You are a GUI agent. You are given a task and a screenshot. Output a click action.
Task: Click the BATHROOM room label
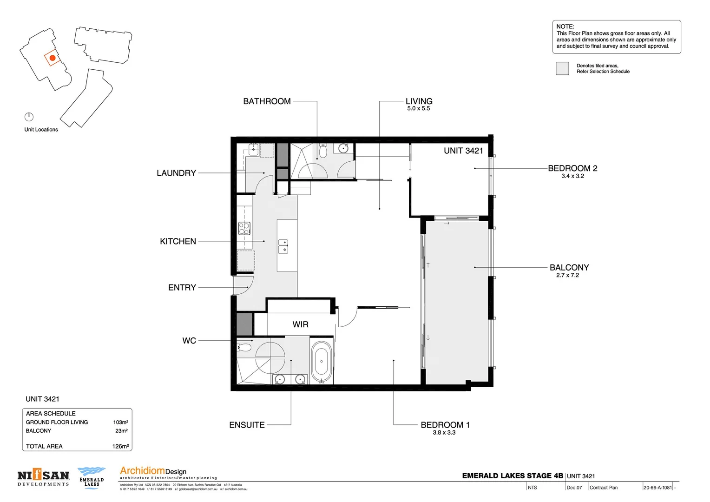point(267,101)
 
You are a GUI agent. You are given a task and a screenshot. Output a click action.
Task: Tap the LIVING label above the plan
point(419,101)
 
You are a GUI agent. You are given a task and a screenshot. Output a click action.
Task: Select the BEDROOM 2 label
point(572,168)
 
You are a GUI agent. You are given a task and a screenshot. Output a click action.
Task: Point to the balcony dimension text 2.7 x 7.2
point(567,275)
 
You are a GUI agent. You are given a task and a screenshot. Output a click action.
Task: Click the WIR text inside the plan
point(300,324)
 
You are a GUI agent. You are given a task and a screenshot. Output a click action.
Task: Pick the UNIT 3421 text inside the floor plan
point(463,151)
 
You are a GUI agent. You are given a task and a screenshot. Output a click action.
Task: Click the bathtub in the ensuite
point(321,362)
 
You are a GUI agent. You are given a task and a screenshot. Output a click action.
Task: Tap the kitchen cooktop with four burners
point(244,228)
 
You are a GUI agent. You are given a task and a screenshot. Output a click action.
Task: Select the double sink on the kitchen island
point(283,246)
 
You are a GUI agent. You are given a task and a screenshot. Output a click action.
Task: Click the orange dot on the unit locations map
point(53,58)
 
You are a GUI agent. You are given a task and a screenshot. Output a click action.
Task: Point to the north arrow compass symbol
point(29,117)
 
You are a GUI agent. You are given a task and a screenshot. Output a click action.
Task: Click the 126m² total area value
point(120,446)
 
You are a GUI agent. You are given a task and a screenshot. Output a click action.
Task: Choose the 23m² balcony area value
point(121,431)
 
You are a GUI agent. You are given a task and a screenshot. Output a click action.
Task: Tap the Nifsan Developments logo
point(43,478)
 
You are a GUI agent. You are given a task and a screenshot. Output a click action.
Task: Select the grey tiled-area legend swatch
point(562,68)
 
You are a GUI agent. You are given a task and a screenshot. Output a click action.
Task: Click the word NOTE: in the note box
point(565,26)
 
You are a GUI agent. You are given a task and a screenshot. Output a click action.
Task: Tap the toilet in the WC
point(243,347)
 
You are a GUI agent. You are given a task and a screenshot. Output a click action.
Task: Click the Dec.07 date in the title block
point(574,488)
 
